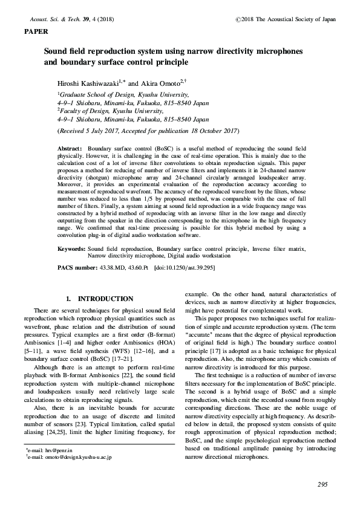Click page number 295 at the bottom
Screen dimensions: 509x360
coord(322,485)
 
